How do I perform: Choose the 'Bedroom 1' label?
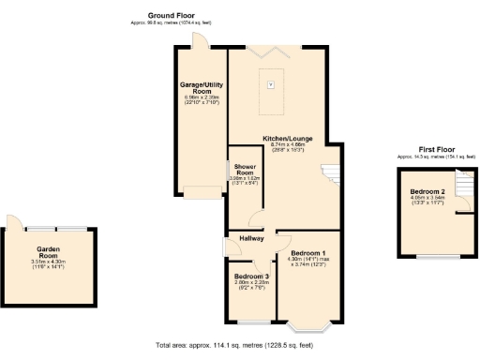click(307, 254)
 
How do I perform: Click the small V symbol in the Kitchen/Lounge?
click(272, 85)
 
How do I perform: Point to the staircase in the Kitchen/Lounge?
click(331, 174)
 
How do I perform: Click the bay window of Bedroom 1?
click(307, 326)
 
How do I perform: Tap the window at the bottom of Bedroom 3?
click(250, 320)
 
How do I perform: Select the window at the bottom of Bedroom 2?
click(431, 255)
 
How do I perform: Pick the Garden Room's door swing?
click(16, 222)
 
